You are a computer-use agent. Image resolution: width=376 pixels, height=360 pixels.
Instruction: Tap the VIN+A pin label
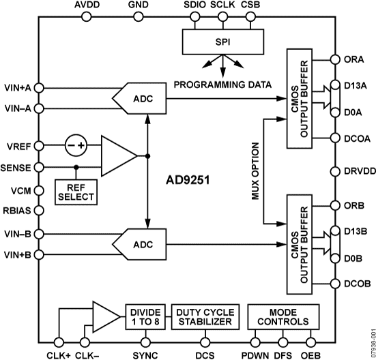(x=17, y=87)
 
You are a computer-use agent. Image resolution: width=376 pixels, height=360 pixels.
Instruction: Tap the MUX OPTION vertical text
(x=255, y=171)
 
